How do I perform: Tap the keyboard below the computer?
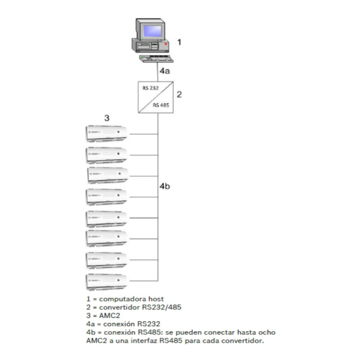tap(156, 58)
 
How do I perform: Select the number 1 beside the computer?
tap(179, 42)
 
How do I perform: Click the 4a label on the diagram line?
tap(164, 71)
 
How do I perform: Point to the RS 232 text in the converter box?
tap(148, 88)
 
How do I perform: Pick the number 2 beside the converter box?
tap(179, 94)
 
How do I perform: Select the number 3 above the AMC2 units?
tap(107, 118)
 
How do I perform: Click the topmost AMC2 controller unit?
tap(107, 134)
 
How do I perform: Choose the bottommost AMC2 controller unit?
tap(107, 282)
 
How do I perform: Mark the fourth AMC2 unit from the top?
tap(107, 197)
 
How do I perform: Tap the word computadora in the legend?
tap(121, 299)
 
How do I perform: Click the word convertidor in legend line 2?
tap(120, 307)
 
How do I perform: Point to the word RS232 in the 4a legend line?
tap(150, 324)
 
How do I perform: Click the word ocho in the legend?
tap(266, 332)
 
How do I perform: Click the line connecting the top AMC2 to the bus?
tap(143, 134)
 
